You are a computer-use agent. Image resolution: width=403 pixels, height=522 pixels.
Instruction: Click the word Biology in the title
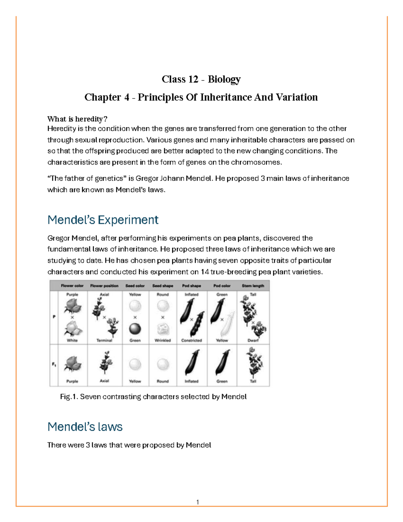click(x=224, y=79)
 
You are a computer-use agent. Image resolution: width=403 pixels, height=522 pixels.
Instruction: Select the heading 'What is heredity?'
click(x=77, y=119)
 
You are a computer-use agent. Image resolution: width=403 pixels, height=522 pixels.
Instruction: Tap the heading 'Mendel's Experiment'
click(x=103, y=220)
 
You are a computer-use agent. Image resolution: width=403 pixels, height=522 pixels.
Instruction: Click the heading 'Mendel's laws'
click(x=85, y=427)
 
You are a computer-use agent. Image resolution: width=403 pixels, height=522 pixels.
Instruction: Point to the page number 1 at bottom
click(x=197, y=502)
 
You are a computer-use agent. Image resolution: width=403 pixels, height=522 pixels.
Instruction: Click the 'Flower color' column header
click(x=72, y=286)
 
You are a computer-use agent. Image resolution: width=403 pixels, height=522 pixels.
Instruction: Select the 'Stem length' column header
click(x=253, y=286)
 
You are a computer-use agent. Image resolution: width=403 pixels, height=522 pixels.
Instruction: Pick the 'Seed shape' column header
click(x=163, y=286)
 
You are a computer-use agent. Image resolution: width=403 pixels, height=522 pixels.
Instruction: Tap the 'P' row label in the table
click(x=54, y=317)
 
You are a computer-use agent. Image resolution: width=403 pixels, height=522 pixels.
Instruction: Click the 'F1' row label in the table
click(x=54, y=364)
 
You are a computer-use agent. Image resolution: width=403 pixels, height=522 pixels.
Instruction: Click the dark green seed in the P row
click(x=135, y=329)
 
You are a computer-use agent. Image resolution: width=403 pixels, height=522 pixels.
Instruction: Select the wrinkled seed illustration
click(x=163, y=329)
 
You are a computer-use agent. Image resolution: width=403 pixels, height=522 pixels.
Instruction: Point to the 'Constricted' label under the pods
click(x=191, y=340)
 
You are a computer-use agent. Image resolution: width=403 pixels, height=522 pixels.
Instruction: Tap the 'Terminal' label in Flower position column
click(x=104, y=340)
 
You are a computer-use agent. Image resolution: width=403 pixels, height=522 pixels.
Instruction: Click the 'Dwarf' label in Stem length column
click(x=253, y=340)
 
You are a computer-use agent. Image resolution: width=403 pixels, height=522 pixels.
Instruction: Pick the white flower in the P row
click(x=73, y=328)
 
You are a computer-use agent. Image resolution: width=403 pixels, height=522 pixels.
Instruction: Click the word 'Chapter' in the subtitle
click(x=102, y=97)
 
